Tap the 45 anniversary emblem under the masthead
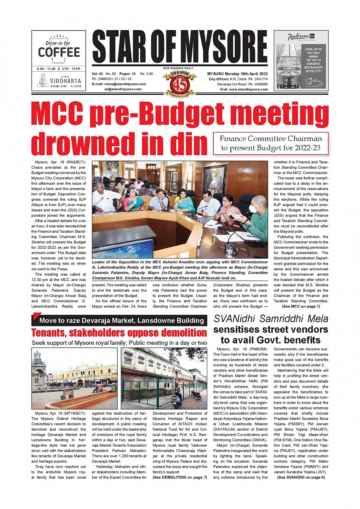pyautogui.click(x=179, y=83)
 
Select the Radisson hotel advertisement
pyautogui.click(x=301, y=61)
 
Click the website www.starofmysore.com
pyautogui.click(x=248, y=89)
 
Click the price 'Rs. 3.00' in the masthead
pyautogui.click(x=147, y=74)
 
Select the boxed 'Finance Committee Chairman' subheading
pyautogui.click(x=270, y=143)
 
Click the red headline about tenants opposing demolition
pyautogui.click(x=119, y=333)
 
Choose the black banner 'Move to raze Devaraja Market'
pyautogui.click(x=121, y=321)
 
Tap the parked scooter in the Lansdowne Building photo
pyautogui.click(x=178, y=397)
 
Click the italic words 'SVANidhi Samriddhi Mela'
pyautogui.click(x=270, y=319)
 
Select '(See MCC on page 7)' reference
pyautogui.click(x=301, y=306)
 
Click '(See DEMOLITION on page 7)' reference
pyautogui.click(x=179, y=477)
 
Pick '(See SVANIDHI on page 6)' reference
pyautogui.click(x=301, y=477)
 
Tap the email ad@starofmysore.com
pyautogui.click(x=123, y=89)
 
